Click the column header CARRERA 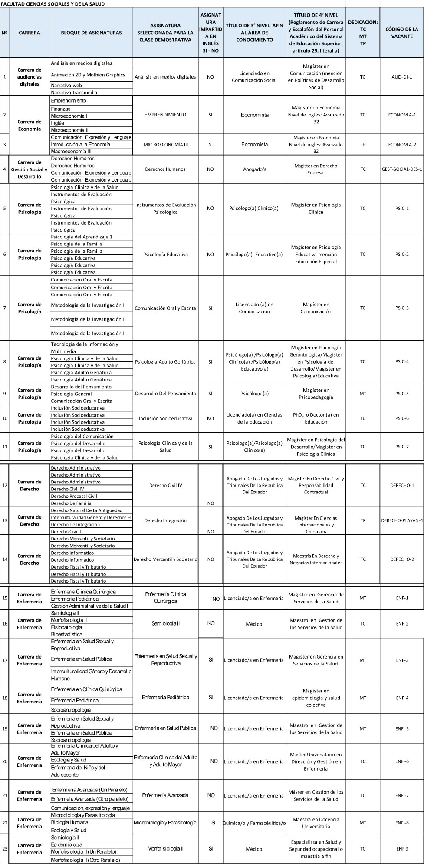(x=30, y=33)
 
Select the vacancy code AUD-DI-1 (x=401, y=77)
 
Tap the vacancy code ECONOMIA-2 (x=401, y=145)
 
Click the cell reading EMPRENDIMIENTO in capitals (x=165, y=115)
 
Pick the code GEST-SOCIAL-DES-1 (x=401, y=169)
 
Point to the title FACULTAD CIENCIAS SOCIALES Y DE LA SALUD (x=53, y=4)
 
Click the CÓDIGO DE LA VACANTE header (x=401, y=33)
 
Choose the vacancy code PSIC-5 (x=401, y=394)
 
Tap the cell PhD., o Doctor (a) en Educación (x=316, y=418)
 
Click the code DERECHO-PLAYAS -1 (x=401, y=520)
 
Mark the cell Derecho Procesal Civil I (x=76, y=496)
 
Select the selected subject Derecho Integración (x=165, y=520)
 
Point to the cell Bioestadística (x=66, y=634)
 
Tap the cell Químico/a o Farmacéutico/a (x=254, y=823)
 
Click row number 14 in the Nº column (x=5, y=559)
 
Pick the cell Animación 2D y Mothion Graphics (x=88, y=75)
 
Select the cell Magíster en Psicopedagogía (x=316, y=394)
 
